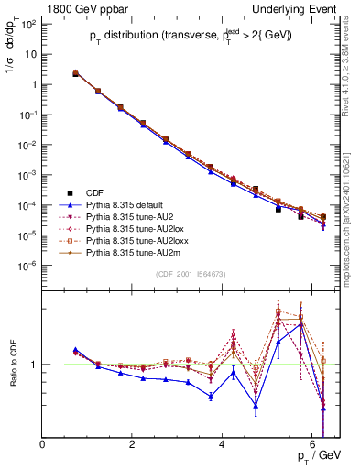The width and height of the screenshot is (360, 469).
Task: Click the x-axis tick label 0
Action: coord(43,445)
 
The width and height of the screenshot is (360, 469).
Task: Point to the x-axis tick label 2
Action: coord(133,445)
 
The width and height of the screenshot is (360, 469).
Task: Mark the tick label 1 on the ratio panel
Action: coord(34,365)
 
